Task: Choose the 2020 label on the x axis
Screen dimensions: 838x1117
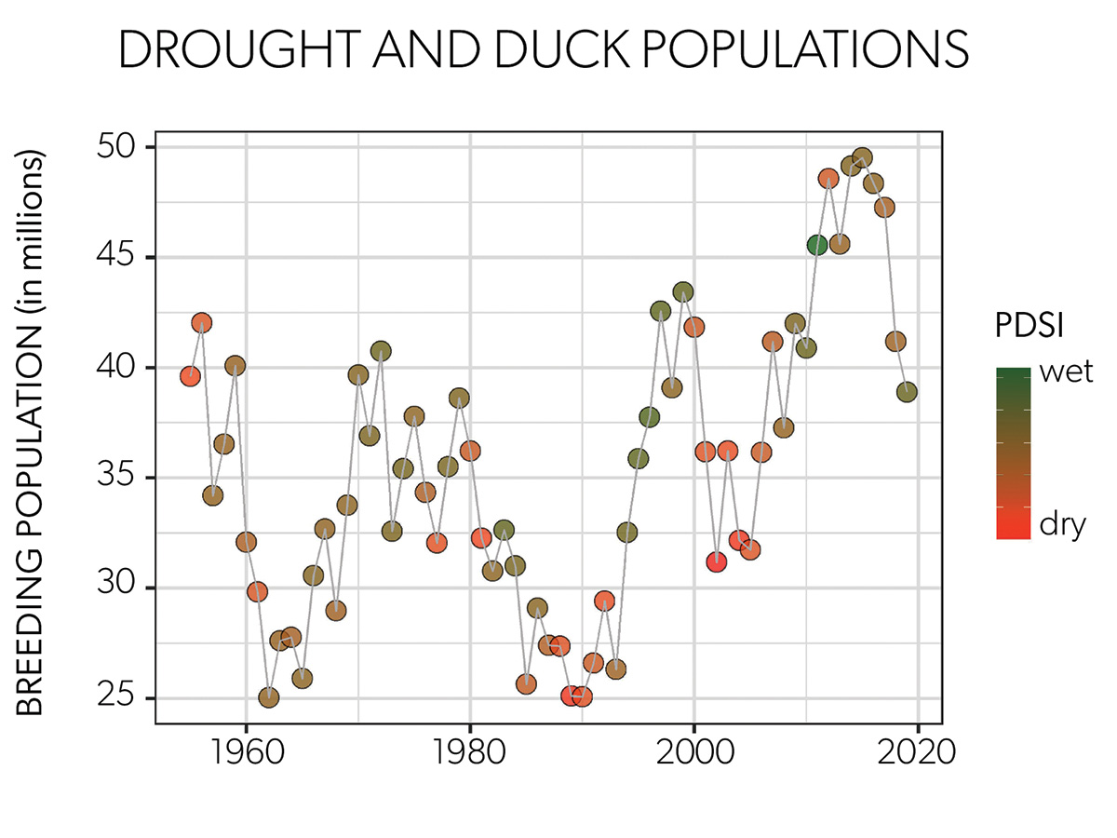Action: coord(918,751)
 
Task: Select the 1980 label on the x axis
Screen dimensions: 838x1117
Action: coord(470,751)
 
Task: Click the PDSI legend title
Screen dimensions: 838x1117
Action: coord(1029,326)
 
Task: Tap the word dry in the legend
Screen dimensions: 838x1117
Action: coord(1062,525)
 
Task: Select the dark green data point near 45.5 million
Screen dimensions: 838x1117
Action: coord(817,245)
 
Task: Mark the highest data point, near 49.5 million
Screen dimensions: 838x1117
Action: coord(862,157)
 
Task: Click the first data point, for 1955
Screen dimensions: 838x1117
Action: coord(191,376)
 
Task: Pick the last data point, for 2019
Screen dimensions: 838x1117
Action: coord(907,392)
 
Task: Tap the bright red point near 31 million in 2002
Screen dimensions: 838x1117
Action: coord(716,561)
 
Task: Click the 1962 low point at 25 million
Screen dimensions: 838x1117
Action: coord(269,697)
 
